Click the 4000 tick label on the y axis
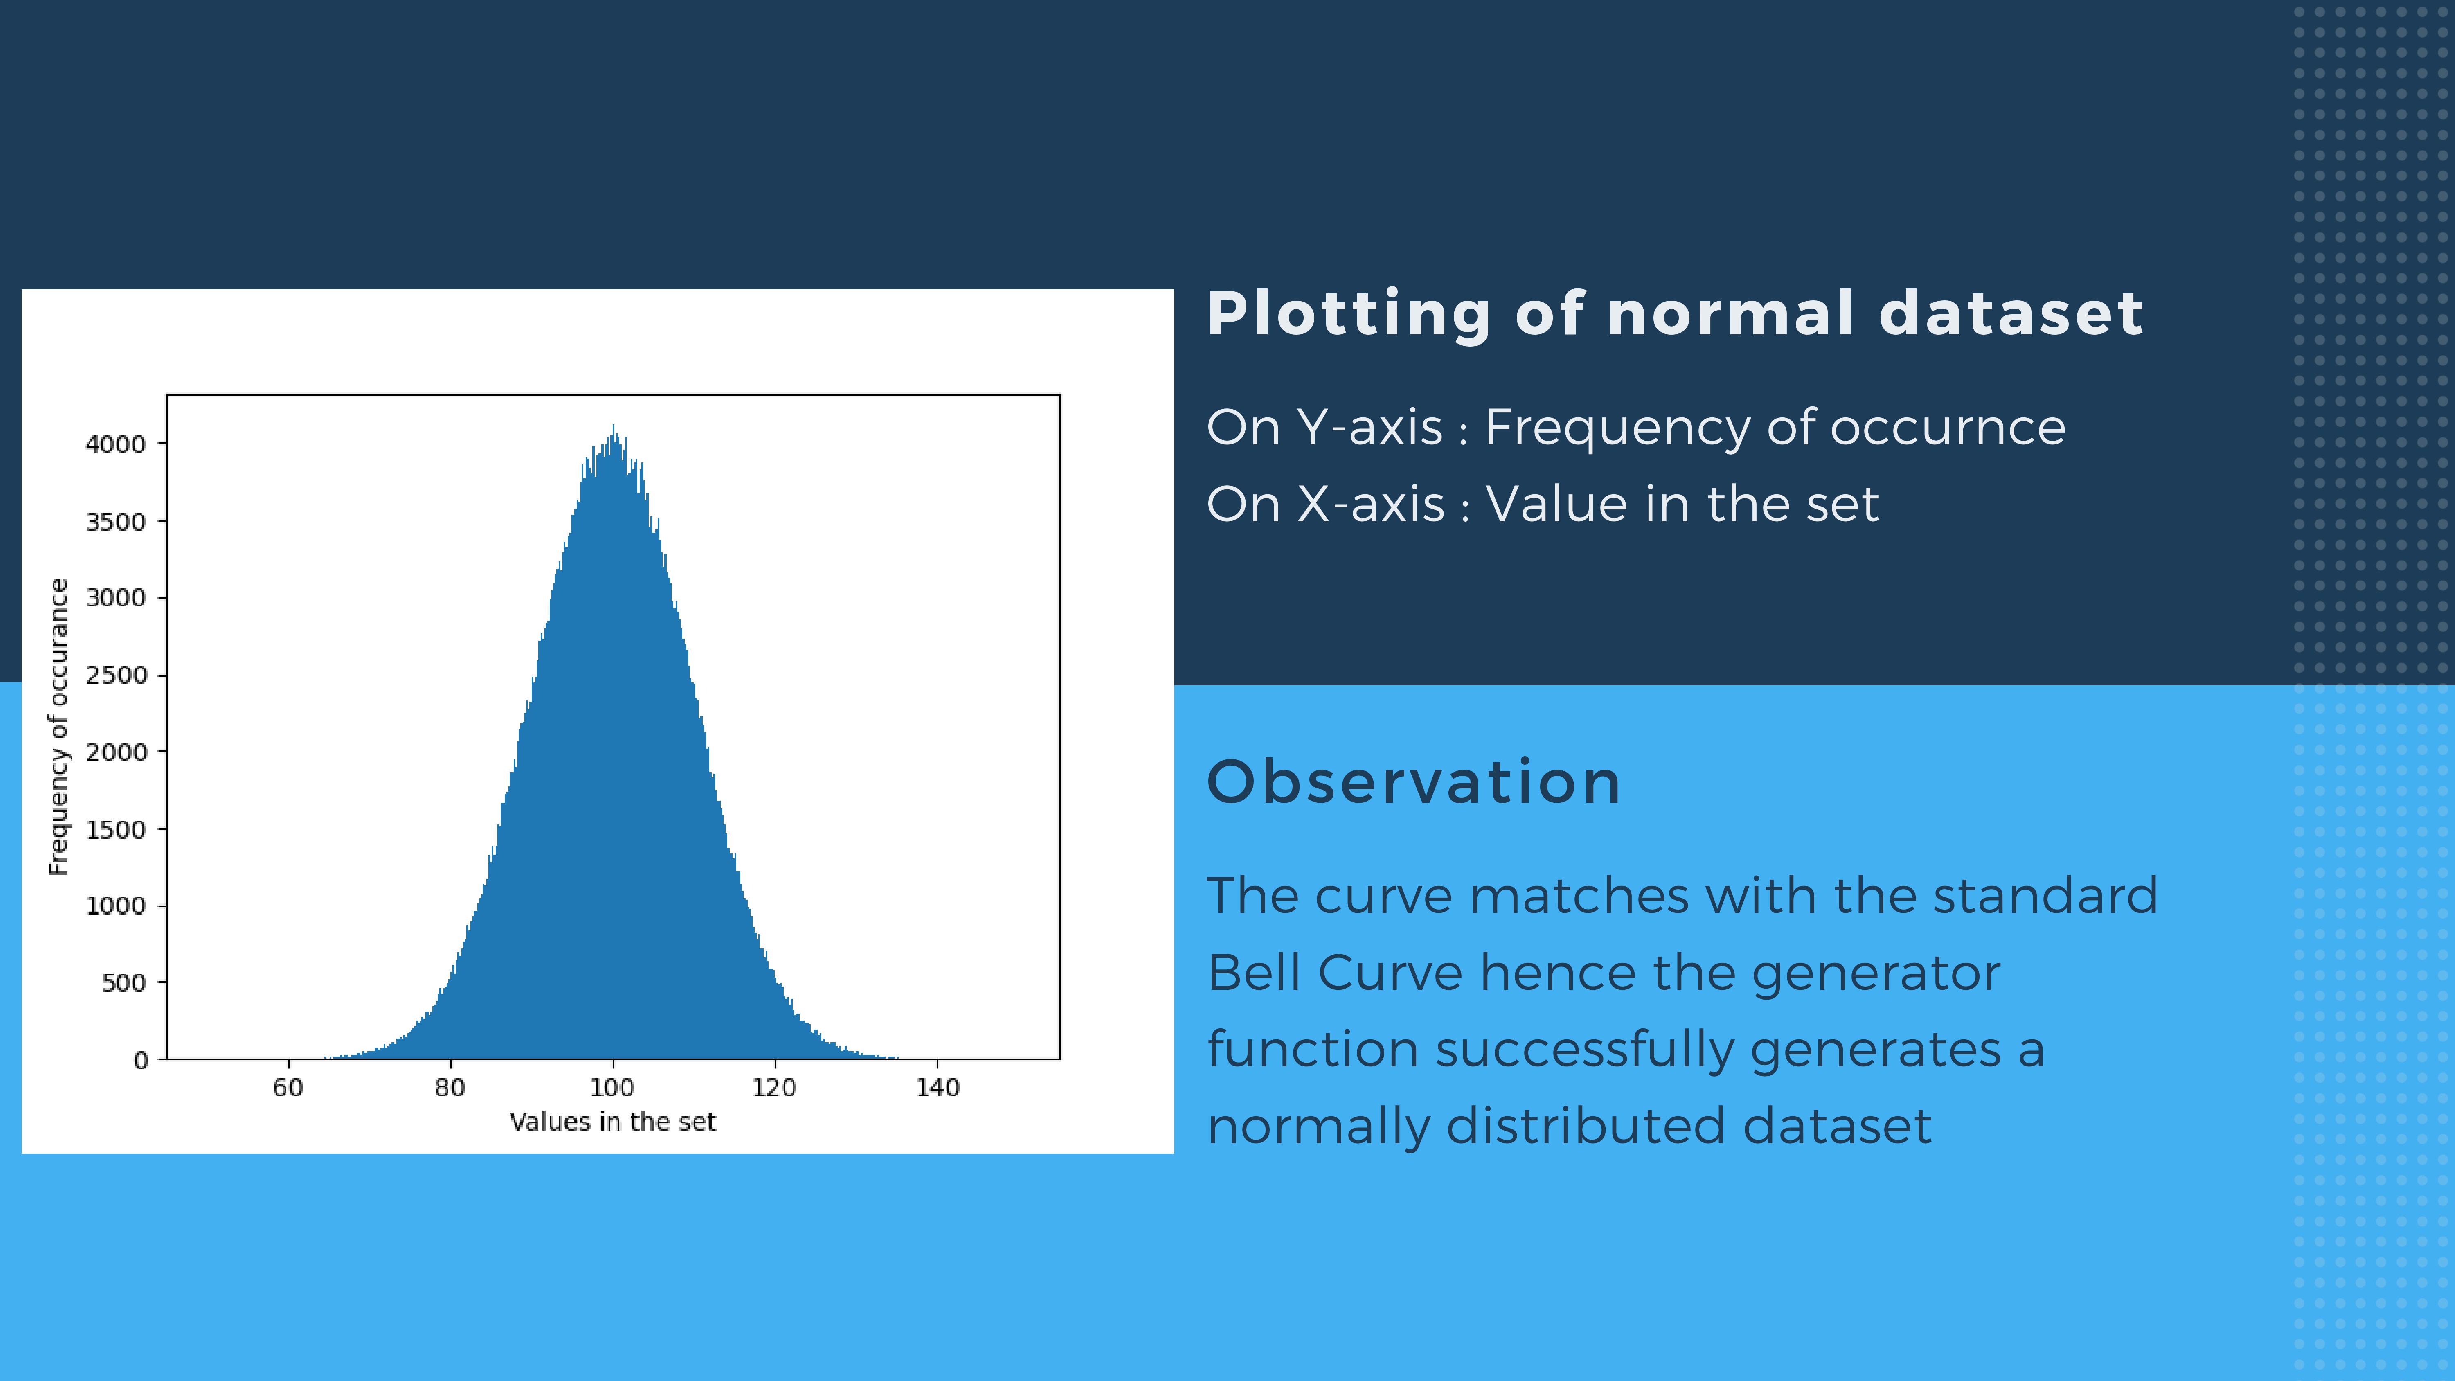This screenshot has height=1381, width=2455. point(115,444)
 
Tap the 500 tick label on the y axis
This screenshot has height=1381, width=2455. point(124,982)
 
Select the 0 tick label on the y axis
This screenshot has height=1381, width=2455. point(141,1060)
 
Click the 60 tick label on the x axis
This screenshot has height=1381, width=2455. point(288,1088)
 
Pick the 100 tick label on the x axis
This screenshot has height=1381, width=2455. point(612,1088)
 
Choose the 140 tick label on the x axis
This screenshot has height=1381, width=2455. point(937,1088)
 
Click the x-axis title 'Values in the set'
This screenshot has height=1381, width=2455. point(613,1122)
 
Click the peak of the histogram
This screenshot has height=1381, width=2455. point(613,426)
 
